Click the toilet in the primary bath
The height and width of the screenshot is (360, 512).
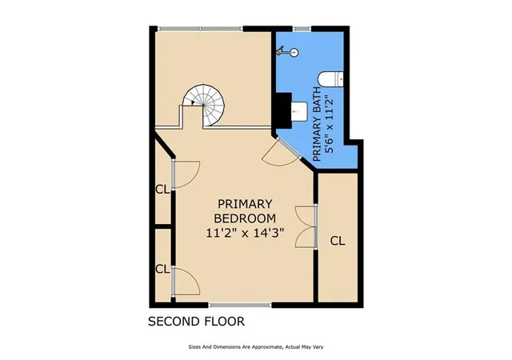tap(330, 79)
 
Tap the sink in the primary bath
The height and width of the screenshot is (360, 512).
tap(298, 111)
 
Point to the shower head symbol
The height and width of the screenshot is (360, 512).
tap(288, 52)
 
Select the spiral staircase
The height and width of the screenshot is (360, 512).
tap(204, 105)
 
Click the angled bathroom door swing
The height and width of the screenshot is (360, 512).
tap(280, 153)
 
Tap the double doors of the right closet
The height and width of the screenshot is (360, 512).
tap(306, 226)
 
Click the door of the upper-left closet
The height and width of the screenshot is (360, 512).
tap(186, 174)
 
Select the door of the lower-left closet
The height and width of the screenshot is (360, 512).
tap(186, 282)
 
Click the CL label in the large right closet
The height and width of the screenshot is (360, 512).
tap(338, 241)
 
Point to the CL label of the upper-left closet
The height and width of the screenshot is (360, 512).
tap(162, 190)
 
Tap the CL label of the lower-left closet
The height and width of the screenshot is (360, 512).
tap(162, 270)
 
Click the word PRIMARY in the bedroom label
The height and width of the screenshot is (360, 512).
tap(245, 204)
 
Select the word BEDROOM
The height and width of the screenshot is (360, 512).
tap(245, 218)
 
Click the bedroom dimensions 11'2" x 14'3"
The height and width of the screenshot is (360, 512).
tap(245, 234)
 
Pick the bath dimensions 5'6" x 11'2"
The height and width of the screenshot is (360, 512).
tap(330, 124)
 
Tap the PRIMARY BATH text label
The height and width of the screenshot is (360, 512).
tap(317, 124)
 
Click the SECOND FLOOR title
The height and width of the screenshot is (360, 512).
tap(196, 322)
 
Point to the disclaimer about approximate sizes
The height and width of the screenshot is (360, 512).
tap(256, 347)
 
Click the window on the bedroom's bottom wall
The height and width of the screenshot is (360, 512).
tap(240, 305)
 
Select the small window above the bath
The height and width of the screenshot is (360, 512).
tap(302, 29)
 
